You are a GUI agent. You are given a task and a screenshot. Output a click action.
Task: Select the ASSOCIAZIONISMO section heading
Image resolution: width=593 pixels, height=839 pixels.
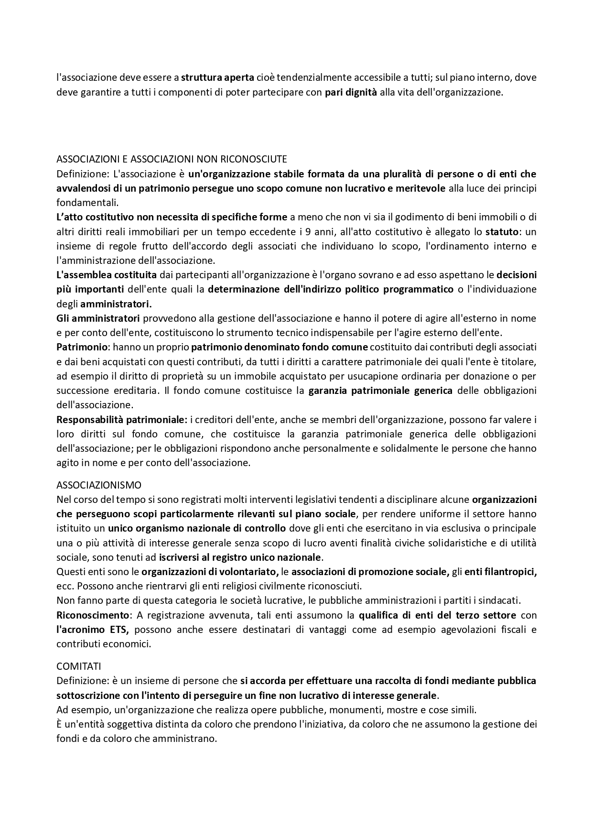click(99, 485)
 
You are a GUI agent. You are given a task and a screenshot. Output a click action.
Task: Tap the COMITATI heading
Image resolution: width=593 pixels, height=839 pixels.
click(79, 666)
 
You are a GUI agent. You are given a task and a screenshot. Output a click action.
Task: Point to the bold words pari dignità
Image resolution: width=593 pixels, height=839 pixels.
click(351, 92)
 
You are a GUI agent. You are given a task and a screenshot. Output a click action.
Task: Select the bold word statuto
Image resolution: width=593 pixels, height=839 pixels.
click(501, 231)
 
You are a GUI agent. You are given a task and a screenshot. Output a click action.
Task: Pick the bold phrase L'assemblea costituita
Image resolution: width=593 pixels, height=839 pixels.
click(107, 275)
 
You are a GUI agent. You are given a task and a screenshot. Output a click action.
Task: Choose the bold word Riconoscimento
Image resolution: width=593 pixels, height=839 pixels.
click(93, 615)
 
